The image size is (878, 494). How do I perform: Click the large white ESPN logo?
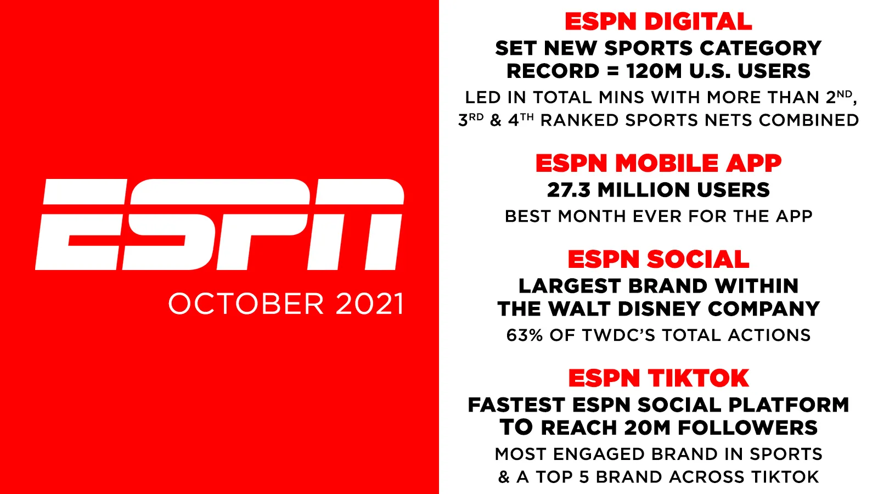[219, 224]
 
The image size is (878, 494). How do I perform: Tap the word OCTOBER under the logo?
[246, 304]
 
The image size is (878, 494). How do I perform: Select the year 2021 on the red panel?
[369, 304]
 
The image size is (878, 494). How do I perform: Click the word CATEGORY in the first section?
[761, 48]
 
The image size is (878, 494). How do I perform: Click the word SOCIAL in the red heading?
[697, 259]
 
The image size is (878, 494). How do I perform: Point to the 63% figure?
[525, 335]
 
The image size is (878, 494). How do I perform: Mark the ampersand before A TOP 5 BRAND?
[504, 477]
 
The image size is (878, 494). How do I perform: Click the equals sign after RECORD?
[612, 71]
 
